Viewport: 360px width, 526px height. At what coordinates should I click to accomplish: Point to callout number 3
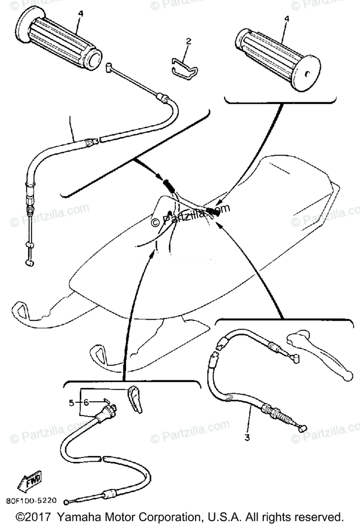click(x=247, y=437)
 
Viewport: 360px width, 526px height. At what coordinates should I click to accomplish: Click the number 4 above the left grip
click(x=80, y=14)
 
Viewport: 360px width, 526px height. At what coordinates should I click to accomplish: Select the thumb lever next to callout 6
click(x=137, y=398)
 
